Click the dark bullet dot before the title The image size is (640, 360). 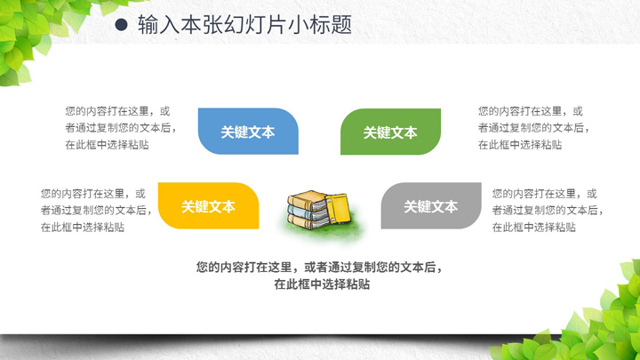coord(121,25)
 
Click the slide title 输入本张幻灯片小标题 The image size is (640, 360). coord(244,25)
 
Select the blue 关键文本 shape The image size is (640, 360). coord(248,132)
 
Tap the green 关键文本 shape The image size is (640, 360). coord(390,132)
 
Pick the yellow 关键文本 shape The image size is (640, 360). coord(209,205)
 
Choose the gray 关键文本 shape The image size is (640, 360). coord(431,205)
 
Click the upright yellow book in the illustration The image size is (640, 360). coord(338,209)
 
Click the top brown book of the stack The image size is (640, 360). coord(308,200)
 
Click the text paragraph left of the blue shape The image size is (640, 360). coord(121,128)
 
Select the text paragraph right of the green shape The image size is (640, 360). coord(534,128)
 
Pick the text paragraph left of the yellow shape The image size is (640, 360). coord(96,210)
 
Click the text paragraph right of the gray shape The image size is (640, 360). coord(548,210)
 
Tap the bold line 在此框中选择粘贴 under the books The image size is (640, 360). coord(322,284)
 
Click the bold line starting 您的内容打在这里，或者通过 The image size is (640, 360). coord(319,268)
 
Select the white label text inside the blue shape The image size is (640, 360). coord(248,132)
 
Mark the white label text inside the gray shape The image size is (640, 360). coord(431,206)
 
